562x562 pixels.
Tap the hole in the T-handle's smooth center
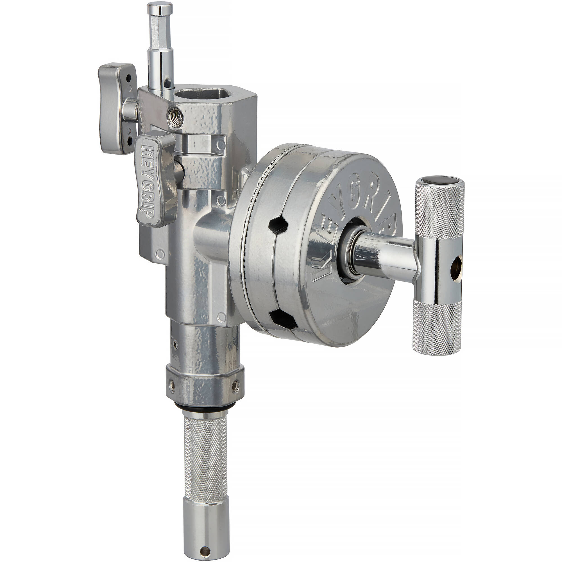coord(456,265)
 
